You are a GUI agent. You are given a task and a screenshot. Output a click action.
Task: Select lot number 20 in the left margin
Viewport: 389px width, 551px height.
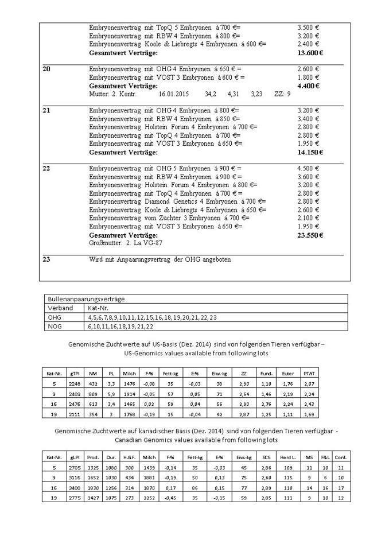click(47, 69)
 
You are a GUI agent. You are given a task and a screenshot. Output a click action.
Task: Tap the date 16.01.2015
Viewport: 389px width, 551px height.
click(173, 93)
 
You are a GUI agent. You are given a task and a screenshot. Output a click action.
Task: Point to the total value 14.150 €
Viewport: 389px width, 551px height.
click(310, 152)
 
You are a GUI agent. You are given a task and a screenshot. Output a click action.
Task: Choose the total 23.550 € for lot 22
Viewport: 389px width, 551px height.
click(310, 235)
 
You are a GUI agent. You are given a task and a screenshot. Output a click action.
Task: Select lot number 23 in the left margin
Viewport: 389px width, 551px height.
click(47, 259)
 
